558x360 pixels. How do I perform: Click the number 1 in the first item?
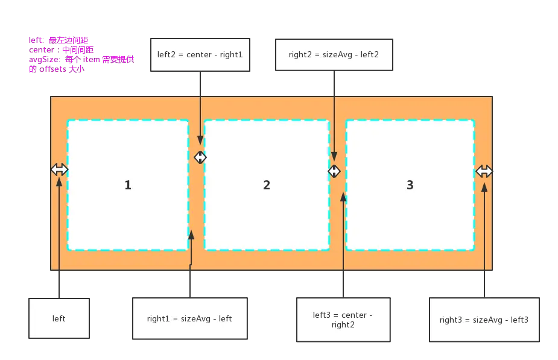[x=128, y=185]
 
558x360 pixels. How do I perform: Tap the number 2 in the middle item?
[x=267, y=185]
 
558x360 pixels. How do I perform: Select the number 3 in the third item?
[x=410, y=185]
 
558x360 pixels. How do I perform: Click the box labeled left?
[x=59, y=318]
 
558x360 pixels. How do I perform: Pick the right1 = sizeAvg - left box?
[x=189, y=318]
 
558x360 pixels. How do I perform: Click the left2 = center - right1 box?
[x=200, y=54]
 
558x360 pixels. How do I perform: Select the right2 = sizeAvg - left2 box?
[x=334, y=54]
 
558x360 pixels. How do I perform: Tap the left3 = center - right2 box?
[x=343, y=320]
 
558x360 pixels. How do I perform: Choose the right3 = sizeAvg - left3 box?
[x=484, y=320]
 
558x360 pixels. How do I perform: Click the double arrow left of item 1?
[x=59, y=169]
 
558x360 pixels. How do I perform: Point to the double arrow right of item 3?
[x=484, y=171]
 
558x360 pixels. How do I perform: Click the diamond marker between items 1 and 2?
[x=200, y=157]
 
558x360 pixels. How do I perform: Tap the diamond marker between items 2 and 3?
[x=334, y=171]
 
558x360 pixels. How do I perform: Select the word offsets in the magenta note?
[x=53, y=69]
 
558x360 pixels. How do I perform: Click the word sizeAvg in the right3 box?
[x=487, y=320]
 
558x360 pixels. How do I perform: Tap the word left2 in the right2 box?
[x=369, y=54]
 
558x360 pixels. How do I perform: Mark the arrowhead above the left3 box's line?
[x=343, y=197]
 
